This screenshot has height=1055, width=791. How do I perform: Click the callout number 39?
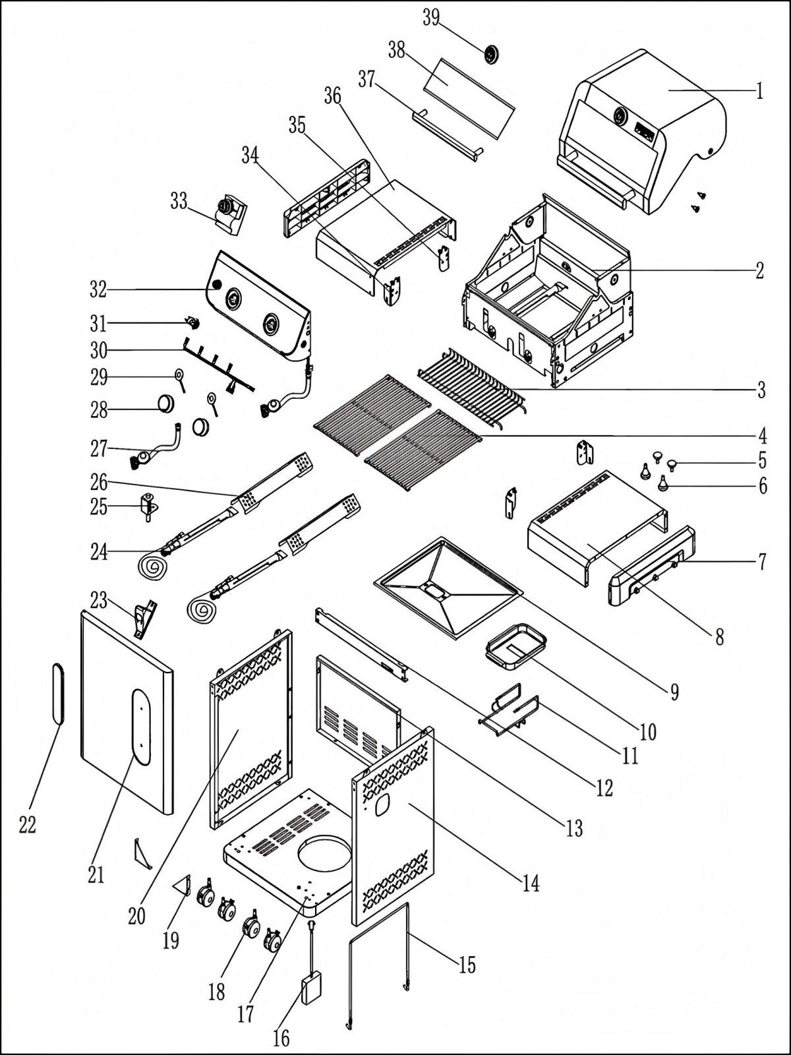pos(431,18)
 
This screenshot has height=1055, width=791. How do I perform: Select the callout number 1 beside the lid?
pos(759,90)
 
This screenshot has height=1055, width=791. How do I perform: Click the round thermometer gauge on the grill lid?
pos(621,117)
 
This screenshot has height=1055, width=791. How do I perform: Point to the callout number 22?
pos(27,824)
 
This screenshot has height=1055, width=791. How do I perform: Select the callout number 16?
pos(281,1039)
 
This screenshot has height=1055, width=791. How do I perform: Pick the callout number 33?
pos(179,201)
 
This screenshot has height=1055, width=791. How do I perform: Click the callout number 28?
pos(99,409)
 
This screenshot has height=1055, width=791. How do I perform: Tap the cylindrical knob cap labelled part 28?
pos(166,402)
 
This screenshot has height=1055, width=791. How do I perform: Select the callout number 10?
pos(648,731)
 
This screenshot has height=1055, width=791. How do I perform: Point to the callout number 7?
pos(762,562)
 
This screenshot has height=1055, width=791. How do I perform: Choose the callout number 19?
pos(171,940)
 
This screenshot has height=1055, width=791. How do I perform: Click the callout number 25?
pos(99,506)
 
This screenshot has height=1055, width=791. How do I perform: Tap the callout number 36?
pos(333,96)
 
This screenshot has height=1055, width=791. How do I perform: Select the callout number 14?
pos(531,882)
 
